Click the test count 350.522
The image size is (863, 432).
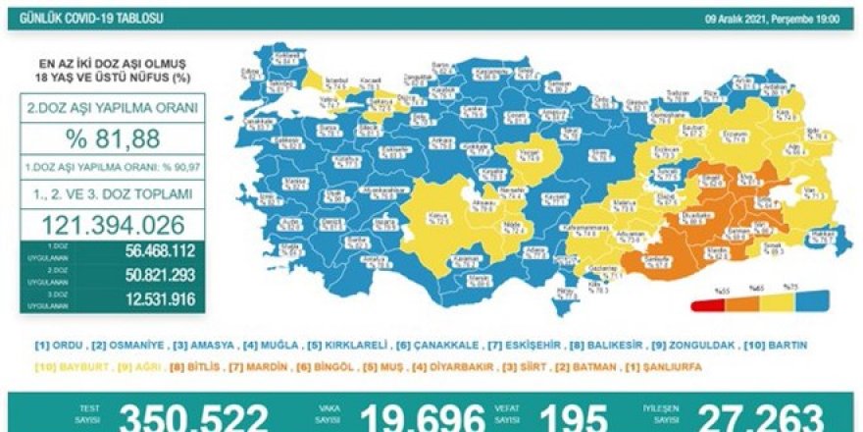[192, 417]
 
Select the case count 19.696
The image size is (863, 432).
[421, 417]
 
